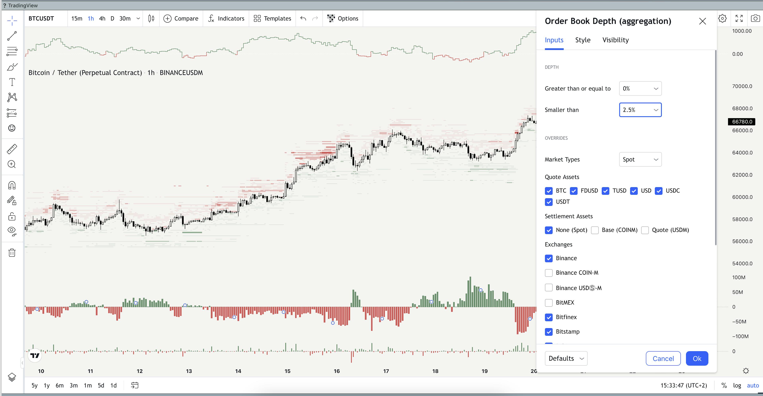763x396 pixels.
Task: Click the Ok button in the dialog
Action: (x=697, y=358)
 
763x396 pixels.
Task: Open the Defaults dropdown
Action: (x=566, y=358)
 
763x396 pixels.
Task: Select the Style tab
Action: (x=583, y=40)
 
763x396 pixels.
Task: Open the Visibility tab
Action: (x=615, y=40)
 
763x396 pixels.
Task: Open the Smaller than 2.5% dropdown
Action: (x=640, y=110)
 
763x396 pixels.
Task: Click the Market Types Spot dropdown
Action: (x=640, y=160)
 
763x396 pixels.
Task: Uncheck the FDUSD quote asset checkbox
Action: (x=574, y=191)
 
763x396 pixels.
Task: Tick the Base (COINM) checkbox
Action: (x=595, y=230)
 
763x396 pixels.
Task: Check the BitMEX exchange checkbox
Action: (x=549, y=303)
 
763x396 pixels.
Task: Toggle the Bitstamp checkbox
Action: (x=549, y=332)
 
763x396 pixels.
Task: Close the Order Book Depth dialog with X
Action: (x=702, y=21)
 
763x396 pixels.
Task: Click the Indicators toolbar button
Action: (x=226, y=18)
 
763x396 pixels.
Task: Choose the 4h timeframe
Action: (x=102, y=18)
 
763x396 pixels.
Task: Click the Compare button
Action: (x=181, y=18)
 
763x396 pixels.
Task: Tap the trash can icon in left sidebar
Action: (x=12, y=253)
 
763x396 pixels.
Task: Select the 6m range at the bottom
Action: (x=60, y=385)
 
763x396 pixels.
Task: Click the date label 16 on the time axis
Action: (x=337, y=371)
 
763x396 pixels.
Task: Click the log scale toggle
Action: (x=737, y=385)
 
